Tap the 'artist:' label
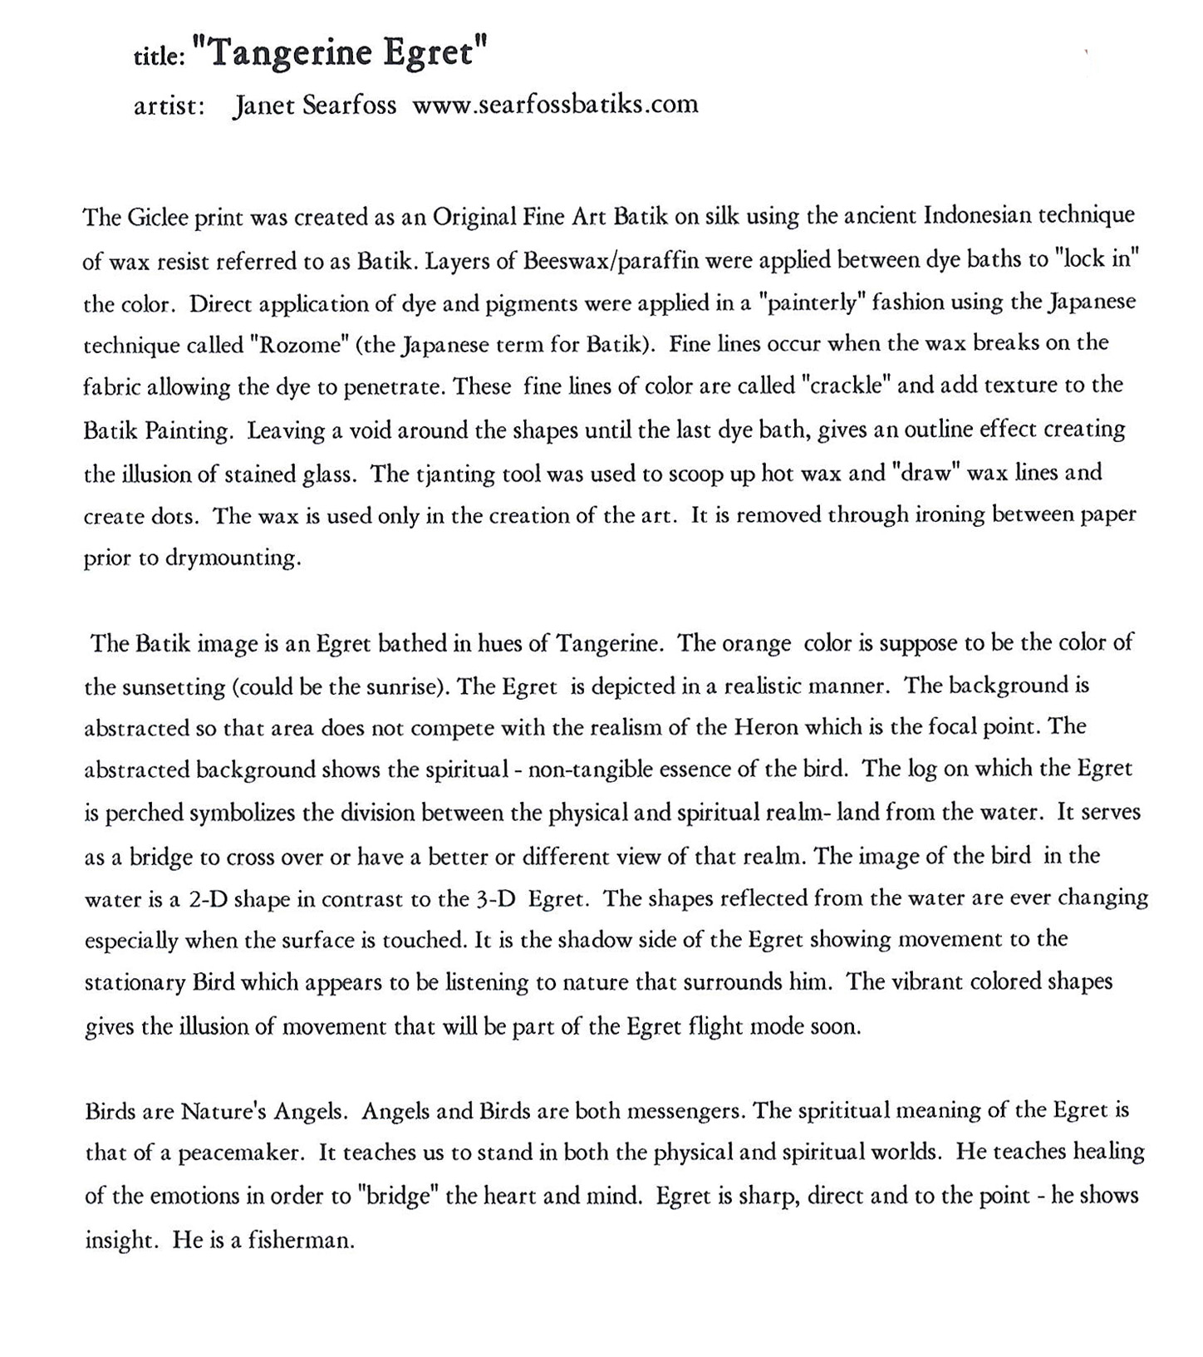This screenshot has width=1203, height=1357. tap(169, 106)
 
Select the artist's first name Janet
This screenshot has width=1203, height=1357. tap(261, 106)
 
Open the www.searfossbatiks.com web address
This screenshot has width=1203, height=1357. tap(555, 105)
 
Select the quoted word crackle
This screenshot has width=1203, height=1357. tap(847, 386)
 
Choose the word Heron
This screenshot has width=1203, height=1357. tap(765, 728)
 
